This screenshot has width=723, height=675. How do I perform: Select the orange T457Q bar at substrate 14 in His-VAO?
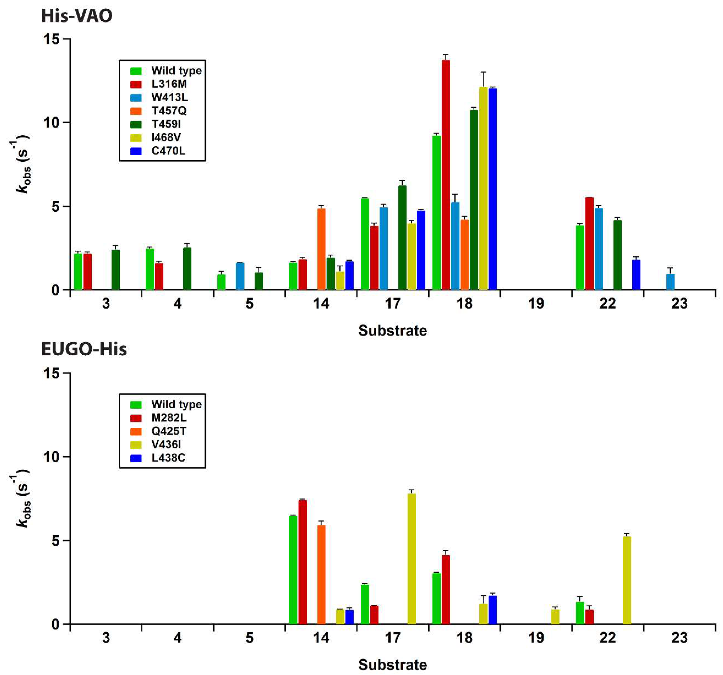pyautogui.click(x=321, y=249)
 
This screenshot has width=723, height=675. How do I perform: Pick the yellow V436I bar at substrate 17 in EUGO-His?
pyautogui.click(x=411, y=559)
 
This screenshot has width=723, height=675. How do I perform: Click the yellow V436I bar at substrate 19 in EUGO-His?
pyautogui.click(x=555, y=617)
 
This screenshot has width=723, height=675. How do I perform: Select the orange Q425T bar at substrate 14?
pyautogui.click(x=321, y=574)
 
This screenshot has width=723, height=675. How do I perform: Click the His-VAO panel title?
pyautogui.click(x=77, y=16)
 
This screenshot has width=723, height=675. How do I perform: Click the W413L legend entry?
pyautogui.click(x=169, y=98)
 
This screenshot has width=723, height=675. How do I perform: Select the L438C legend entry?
pyautogui.click(x=168, y=458)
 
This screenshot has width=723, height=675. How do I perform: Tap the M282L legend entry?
pyautogui.click(x=169, y=418)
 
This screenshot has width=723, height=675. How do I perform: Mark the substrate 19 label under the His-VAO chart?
pyautogui.click(x=536, y=304)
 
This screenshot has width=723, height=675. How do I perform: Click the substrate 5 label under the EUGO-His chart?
pyautogui.click(x=249, y=638)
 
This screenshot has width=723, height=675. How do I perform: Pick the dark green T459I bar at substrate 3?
pyautogui.click(x=115, y=270)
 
